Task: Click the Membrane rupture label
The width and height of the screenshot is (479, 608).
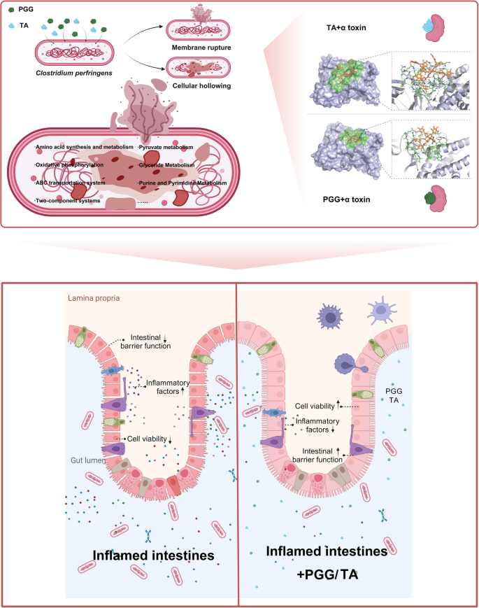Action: [x=201, y=47]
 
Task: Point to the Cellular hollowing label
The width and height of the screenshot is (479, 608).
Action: [x=201, y=85]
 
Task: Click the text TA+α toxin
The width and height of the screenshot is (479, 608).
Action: [x=342, y=27]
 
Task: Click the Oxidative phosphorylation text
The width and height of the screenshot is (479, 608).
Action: [x=69, y=165]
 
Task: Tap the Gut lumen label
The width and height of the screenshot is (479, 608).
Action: [x=87, y=460]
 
